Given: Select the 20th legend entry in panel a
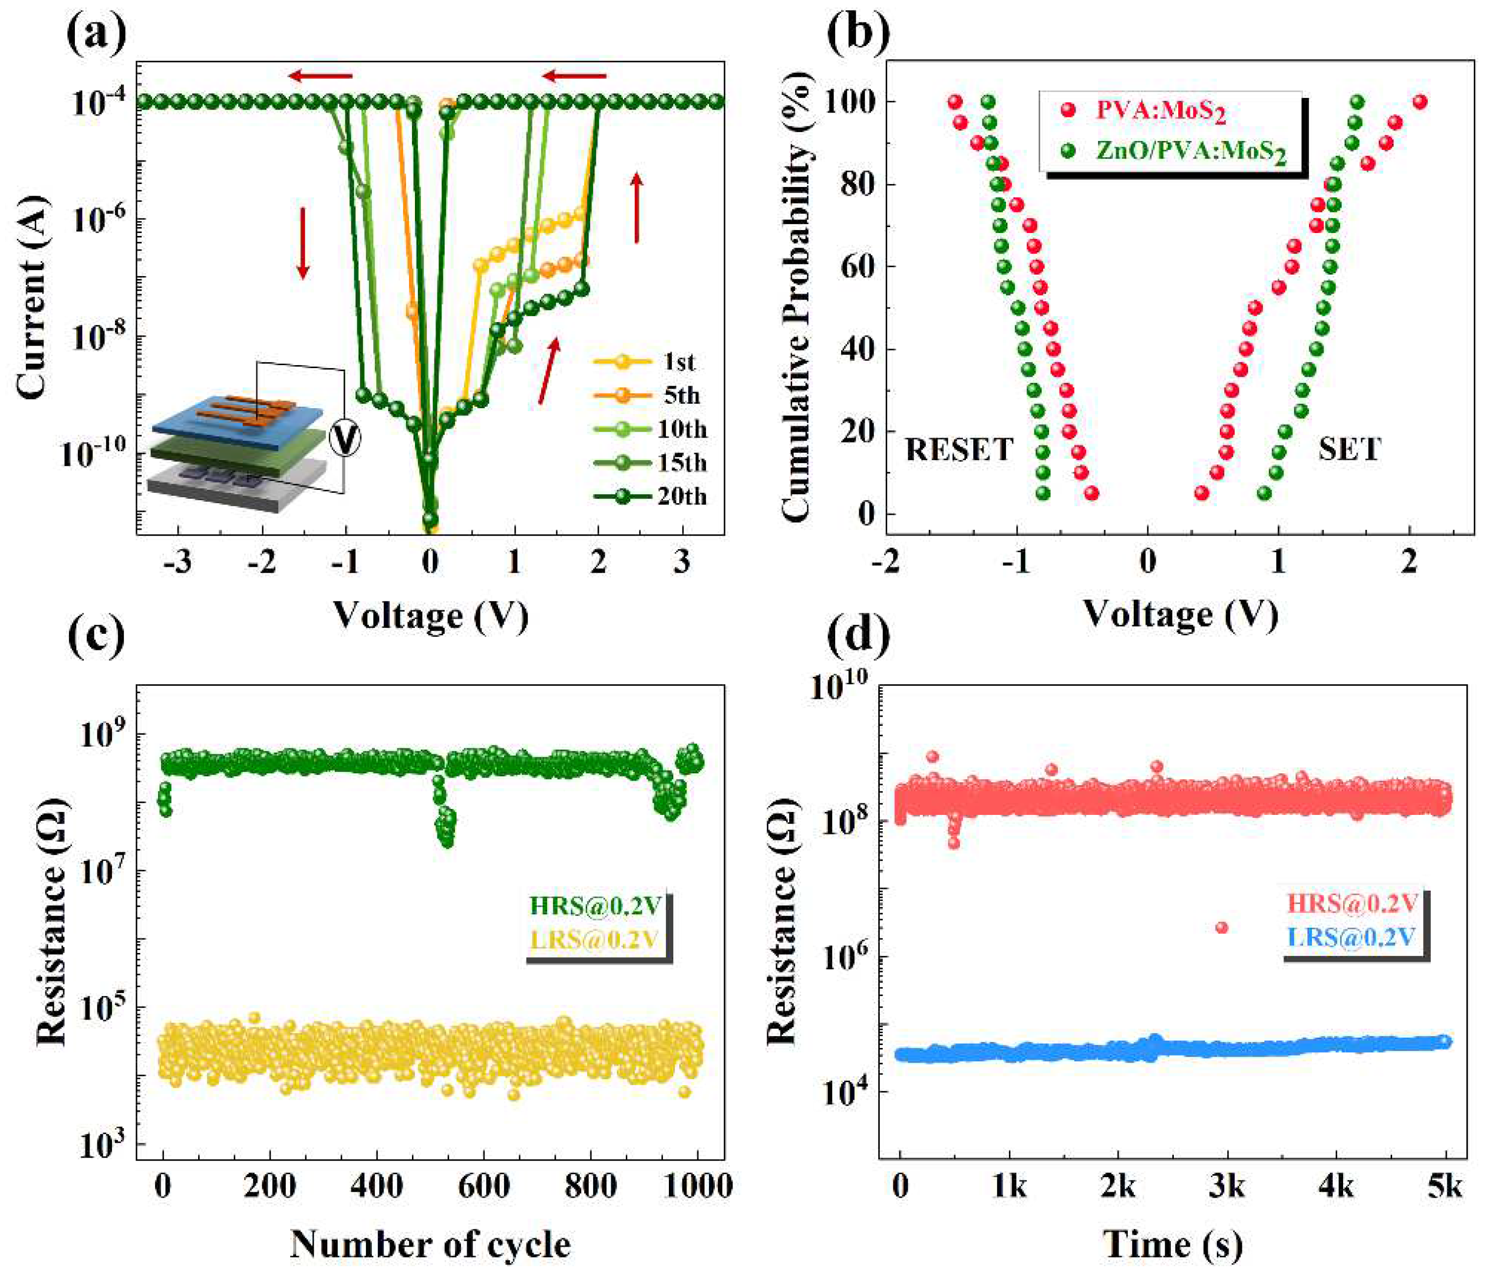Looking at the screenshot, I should coord(681,496).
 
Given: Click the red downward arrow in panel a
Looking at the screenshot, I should coord(303,242).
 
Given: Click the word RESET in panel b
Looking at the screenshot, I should coord(959,450).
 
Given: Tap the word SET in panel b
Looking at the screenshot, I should coord(1349,450).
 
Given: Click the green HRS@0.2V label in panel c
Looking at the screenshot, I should coord(594,905).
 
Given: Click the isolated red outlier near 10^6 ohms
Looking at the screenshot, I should coord(1221,927).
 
